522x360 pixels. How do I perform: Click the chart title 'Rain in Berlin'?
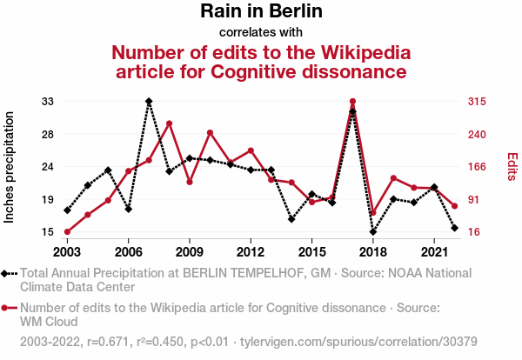click(x=261, y=11)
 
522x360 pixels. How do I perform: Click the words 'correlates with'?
click(x=261, y=32)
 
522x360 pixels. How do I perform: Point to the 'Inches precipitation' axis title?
click(x=10, y=167)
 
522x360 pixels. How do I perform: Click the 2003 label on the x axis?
click(x=67, y=251)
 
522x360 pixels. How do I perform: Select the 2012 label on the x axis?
click(x=251, y=251)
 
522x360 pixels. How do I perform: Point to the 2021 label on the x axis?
click(x=434, y=251)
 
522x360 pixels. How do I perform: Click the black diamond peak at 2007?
click(x=149, y=102)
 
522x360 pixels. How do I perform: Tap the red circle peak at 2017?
click(x=352, y=102)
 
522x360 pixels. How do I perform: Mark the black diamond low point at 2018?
click(x=373, y=232)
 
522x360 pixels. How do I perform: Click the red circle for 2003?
click(x=67, y=232)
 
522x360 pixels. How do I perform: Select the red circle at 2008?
click(x=169, y=123)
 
